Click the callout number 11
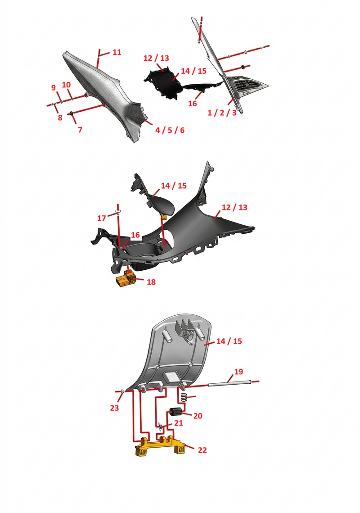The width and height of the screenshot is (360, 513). [117, 52]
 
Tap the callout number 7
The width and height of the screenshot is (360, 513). [80, 130]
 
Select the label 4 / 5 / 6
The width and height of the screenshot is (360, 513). [170, 130]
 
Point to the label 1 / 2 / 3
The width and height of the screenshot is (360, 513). [222, 113]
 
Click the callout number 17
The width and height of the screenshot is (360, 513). [102, 218]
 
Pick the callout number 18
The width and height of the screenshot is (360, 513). [151, 282]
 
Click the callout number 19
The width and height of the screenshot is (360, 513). [238, 372]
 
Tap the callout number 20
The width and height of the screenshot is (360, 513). [198, 416]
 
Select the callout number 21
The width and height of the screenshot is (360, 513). [178, 423]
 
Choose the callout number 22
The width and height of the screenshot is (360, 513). [202, 450]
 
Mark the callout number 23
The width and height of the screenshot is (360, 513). [114, 408]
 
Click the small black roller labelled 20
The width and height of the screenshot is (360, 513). [175, 411]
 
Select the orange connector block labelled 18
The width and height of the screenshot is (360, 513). [126, 279]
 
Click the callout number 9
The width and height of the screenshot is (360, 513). [53, 88]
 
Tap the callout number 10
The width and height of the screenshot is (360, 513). [67, 85]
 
